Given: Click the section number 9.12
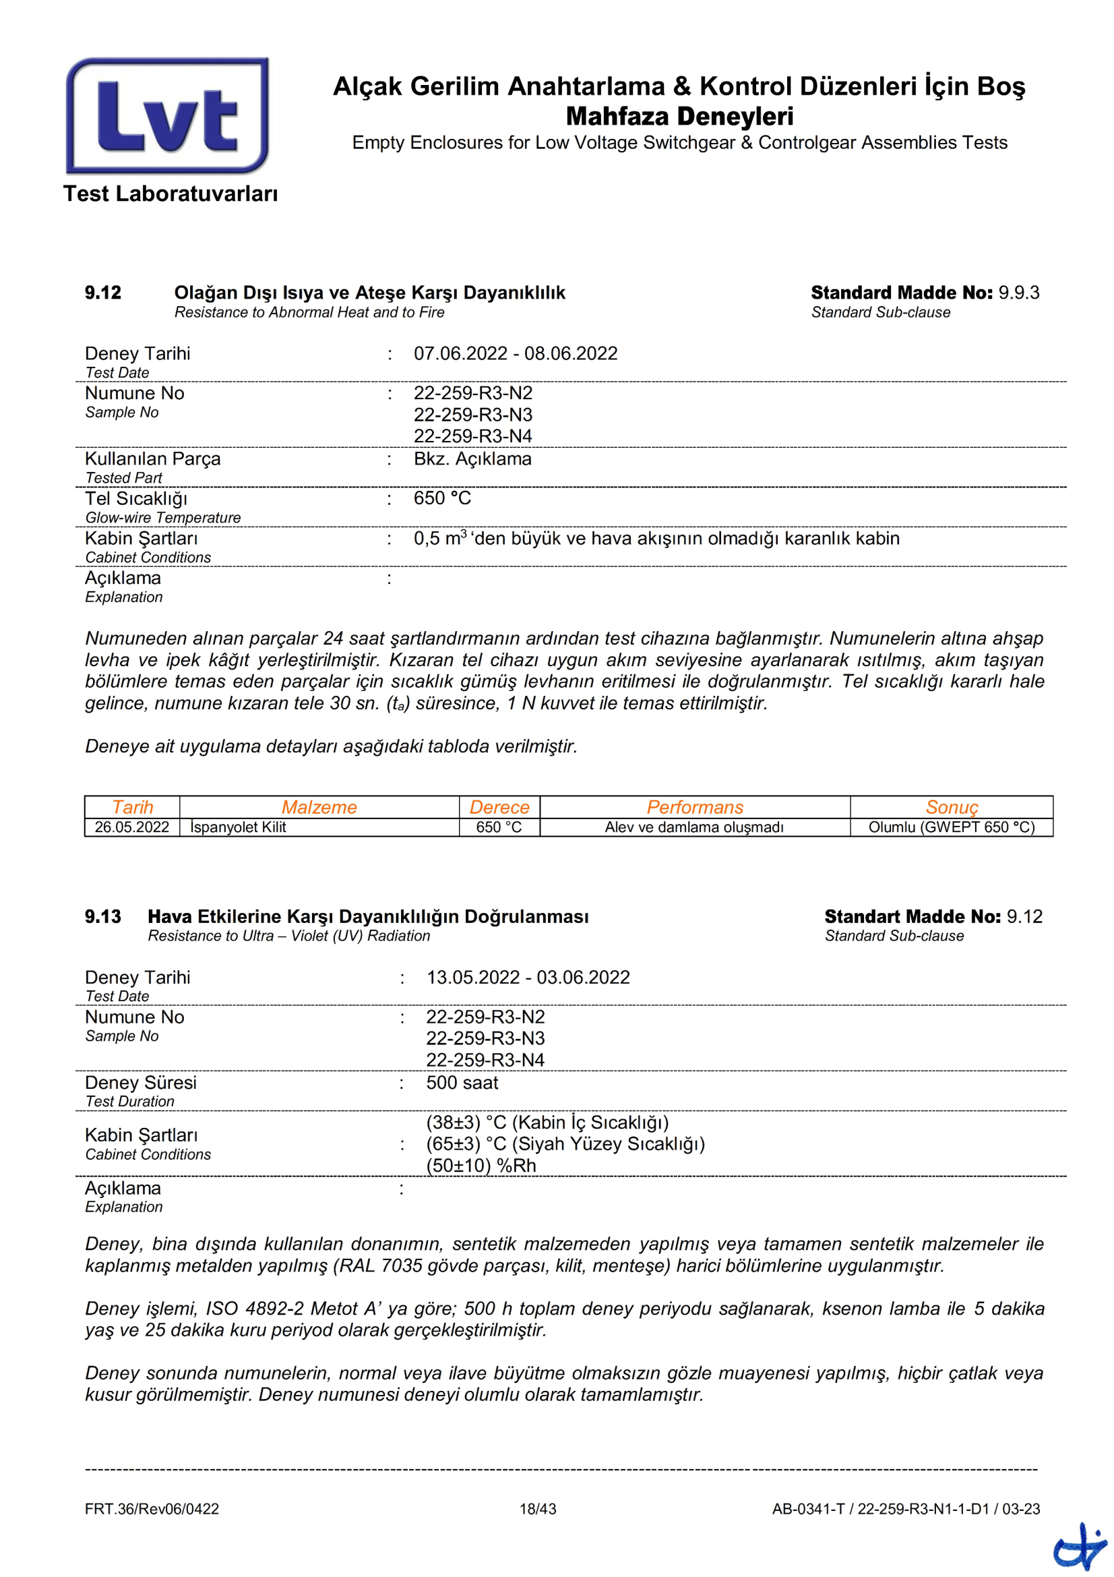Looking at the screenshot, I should click(103, 293).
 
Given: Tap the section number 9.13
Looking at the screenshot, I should click(103, 916).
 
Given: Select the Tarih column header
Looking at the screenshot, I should click(133, 807).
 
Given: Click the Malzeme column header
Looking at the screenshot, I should click(319, 807).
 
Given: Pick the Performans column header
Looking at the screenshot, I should click(695, 807).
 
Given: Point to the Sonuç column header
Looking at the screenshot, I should click(952, 807).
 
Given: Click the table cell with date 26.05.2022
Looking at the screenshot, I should click(132, 827).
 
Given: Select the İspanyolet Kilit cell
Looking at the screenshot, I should click(238, 827).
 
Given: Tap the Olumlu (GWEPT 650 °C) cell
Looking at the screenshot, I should click(952, 827).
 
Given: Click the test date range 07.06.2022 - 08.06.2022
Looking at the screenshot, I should click(516, 354).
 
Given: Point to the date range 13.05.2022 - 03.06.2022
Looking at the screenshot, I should click(528, 978).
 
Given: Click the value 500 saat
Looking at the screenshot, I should click(462, 1083).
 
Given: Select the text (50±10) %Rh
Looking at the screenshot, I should click(481, 1166).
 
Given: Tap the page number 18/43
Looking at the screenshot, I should click(537, 1509).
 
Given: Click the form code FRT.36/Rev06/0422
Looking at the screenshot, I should click(152, 1509).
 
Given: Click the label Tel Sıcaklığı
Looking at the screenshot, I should click(136, 499).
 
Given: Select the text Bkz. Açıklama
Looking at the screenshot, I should click(472, 459).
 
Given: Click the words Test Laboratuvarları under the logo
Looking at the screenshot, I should click(171, 194).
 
